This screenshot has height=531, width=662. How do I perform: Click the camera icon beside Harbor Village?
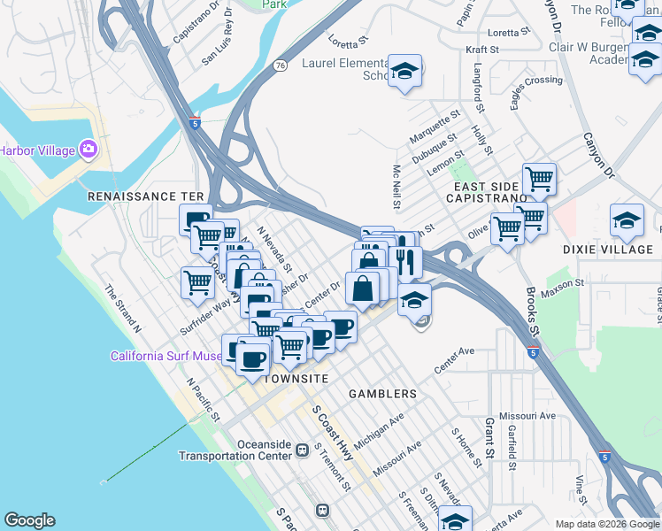88,149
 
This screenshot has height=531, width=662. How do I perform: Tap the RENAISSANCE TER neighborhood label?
145,196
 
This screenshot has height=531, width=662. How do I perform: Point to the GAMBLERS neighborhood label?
382,393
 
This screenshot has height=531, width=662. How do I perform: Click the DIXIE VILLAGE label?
607,250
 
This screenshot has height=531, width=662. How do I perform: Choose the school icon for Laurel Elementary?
404,72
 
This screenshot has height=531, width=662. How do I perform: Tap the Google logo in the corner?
29,520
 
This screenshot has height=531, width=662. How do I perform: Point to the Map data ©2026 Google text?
606,524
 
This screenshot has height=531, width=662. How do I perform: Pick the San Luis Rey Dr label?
229,49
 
